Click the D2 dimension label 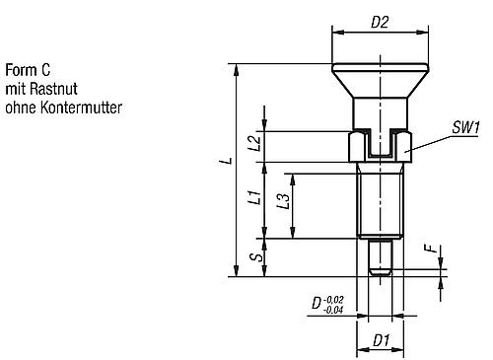tap(380, 23)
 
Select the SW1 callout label tap(466, 127)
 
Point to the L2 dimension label tap(255, 143)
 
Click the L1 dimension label tap(255, 196)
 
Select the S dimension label tap(258, 256)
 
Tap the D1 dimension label tap(381, 340)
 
